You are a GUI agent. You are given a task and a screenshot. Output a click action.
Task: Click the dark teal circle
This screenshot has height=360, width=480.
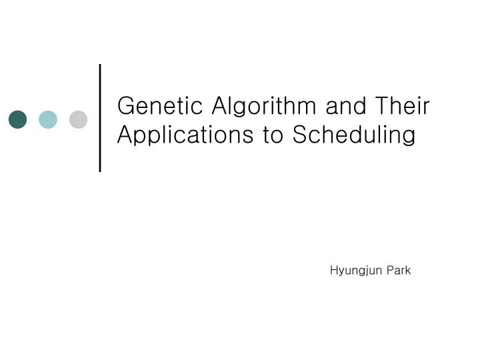pos(18,119)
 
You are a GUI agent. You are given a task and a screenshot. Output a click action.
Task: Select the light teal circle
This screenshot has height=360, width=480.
pos(48,119)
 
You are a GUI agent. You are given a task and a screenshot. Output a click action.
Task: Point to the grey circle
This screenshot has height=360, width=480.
pos(78,119)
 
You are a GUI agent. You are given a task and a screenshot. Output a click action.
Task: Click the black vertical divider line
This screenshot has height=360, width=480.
pos(100,117)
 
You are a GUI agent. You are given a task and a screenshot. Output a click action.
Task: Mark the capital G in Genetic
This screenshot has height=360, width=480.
pos(125,106)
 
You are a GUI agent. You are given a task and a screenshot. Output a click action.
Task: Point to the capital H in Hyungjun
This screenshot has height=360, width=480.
pos(334,270)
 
